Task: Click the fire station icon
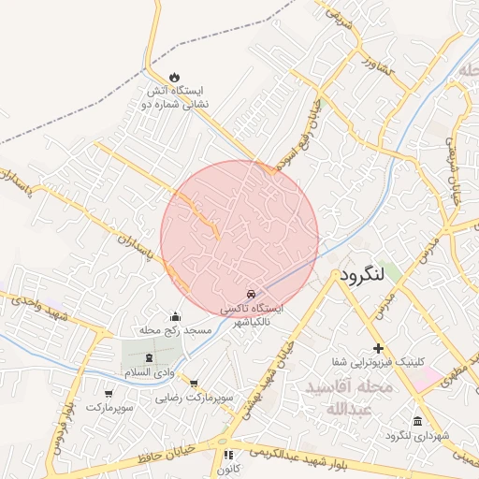tap(174, 78)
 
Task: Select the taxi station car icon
tap(250, 294)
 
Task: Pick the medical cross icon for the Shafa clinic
tap(378, 347)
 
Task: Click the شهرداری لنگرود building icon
tap(416, 420)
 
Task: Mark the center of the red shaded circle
tap(239, 239)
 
